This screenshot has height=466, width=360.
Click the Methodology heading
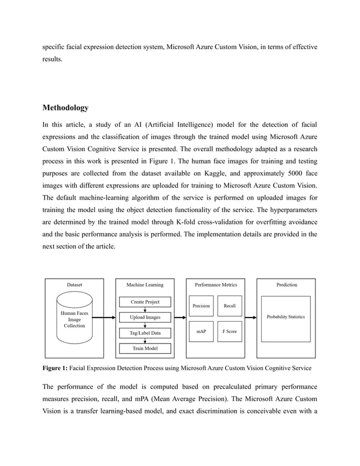pyautogui.click(x=65, y=108)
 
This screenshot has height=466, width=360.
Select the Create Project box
pyautogui.click(x=145, y=302)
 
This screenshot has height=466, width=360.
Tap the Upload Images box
pyautogui.click(x=145, y=318)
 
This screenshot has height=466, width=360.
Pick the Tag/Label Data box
pyautogui.click(x=145, y=333)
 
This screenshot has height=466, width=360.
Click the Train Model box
pyautogui.click(x=145, y=348)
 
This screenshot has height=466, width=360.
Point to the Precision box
pyautogui.click(x=201, y=306)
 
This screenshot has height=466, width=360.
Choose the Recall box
pyautogui.click(x=230, y=306)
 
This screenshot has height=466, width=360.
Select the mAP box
pyautogui.click(x=201, y=332)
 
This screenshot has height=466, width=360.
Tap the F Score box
pyautogui.click(x=230, y=332)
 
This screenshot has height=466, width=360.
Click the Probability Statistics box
pyautogui.click(x=286, y=317)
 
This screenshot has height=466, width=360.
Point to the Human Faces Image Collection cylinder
pyautogui.click(x=74, y=319)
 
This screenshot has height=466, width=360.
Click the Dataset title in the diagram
pyautogui.click(x=74, y=285)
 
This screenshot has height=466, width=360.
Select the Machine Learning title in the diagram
pyautogui.click(x=145, y=285)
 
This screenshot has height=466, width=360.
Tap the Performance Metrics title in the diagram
pyautogui.click(x=216, y=285)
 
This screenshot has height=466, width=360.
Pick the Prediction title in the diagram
pyautogui.click(x=287, y=285)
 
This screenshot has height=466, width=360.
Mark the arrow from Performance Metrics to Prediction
pyautogui.click(x=251, y=318)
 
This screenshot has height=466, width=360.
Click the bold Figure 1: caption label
pyautogui.click(x=55, y=368)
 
